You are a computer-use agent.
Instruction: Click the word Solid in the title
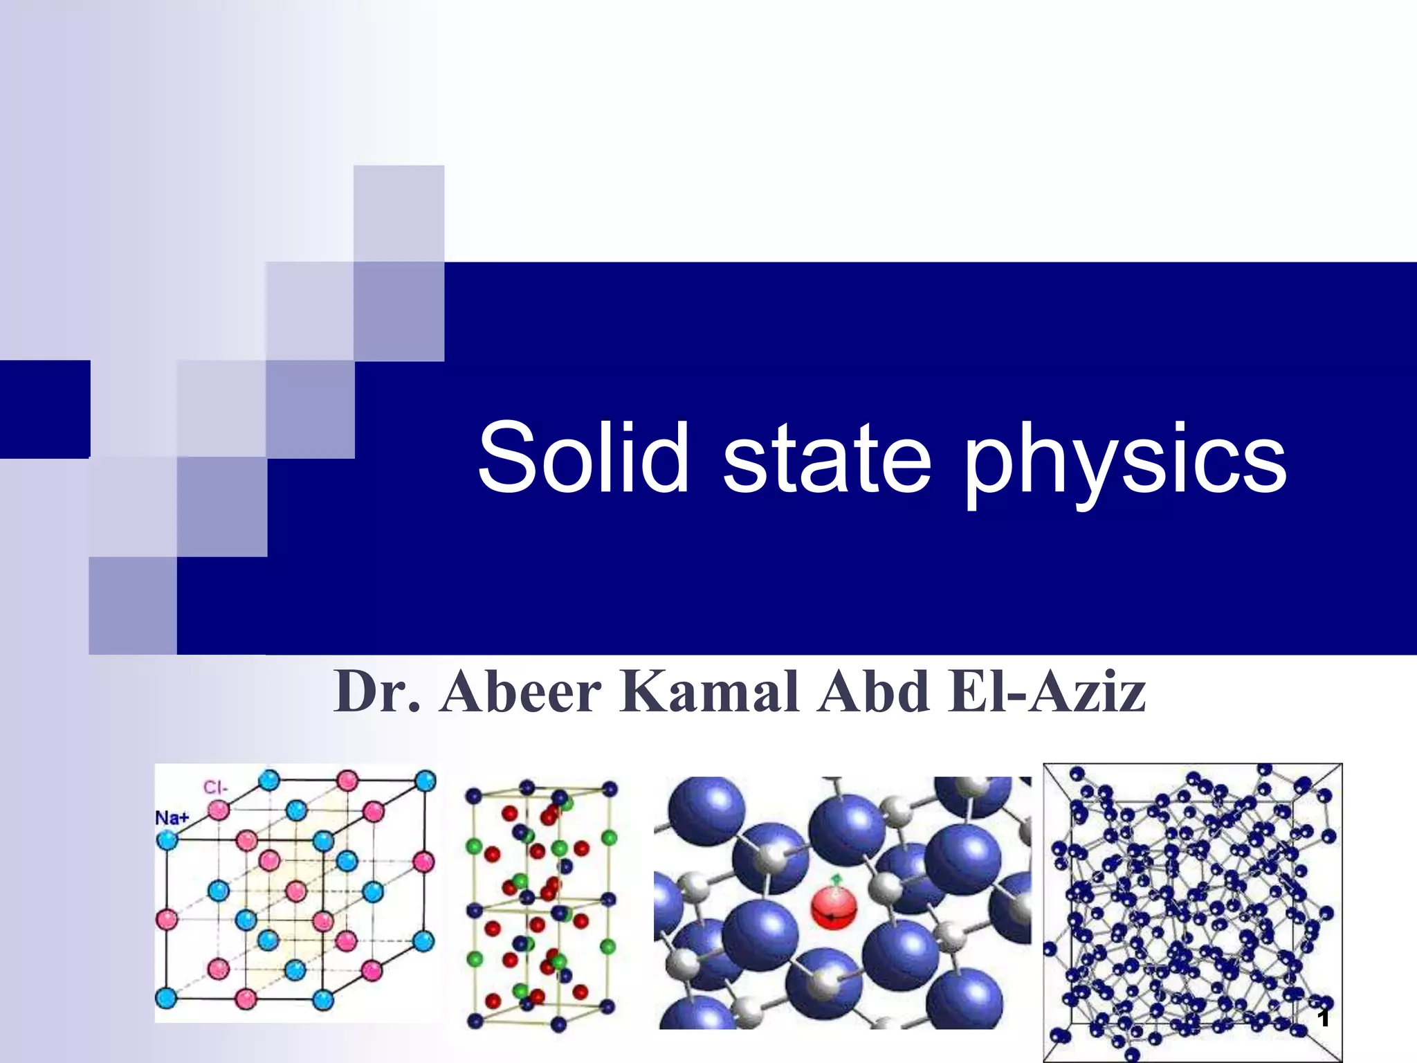(583, 457)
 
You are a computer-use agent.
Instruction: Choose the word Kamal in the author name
(709, 691)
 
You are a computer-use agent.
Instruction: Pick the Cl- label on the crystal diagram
(215, 788)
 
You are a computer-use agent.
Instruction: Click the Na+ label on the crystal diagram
(172, 818)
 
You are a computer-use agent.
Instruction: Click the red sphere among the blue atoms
(834, 909)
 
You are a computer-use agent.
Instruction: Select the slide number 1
(1324, 1018)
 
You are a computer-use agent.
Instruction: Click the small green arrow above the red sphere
(836, 880)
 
